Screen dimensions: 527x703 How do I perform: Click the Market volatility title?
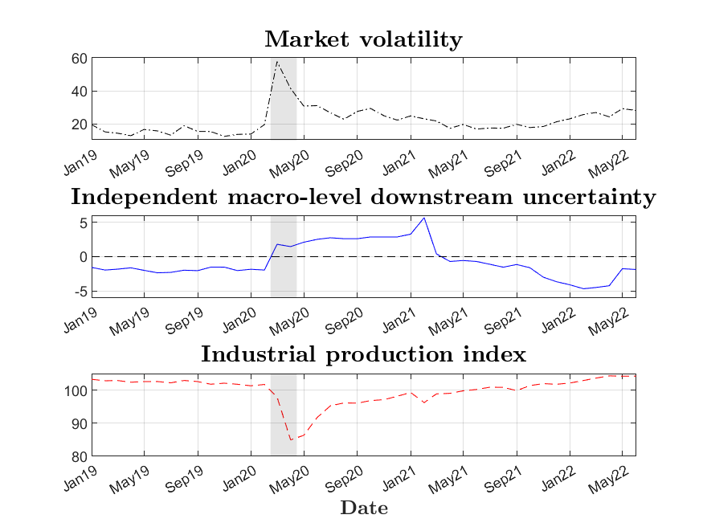[363, 39]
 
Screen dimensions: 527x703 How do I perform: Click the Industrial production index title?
[363, 354]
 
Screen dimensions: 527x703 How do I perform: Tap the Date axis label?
[364, 508]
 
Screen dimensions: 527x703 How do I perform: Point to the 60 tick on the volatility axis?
[79, 59]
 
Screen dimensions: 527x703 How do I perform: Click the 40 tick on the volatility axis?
[79, 92]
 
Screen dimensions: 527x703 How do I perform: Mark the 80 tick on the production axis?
[79, 457]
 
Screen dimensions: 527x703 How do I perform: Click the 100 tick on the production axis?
[76, 390]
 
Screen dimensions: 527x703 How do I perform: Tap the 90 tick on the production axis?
[79, 423]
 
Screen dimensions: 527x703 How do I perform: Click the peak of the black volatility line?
[277, 61]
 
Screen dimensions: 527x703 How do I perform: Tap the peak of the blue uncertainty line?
[423, 218]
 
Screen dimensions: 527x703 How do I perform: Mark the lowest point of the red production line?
[291, 439]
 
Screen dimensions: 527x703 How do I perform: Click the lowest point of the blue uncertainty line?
[583, 288]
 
